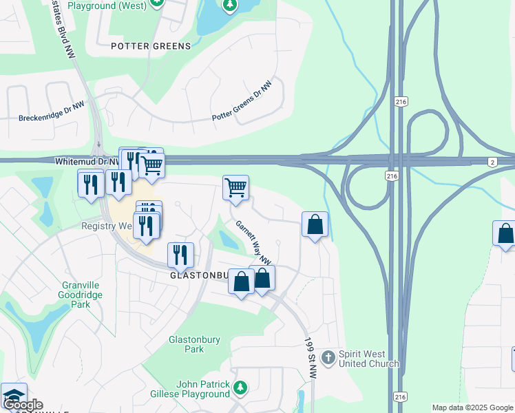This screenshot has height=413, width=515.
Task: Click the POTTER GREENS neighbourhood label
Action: point(150,46)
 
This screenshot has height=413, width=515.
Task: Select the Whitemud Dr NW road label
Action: point(81,160)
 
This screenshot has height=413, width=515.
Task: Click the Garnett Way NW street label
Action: point(253,242)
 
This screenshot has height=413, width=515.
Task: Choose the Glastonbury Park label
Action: point(187,344)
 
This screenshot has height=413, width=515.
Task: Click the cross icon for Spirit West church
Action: point(328,357)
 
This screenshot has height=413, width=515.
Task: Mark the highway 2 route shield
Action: point(492,162)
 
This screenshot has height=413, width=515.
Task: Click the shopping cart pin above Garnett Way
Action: point(236,187)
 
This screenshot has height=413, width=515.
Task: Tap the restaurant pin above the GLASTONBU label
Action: point(180,255)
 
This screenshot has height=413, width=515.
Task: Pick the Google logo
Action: point(22,405)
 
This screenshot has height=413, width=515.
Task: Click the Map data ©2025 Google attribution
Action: point(472,407)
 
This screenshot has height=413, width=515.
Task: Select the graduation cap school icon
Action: point(14,395)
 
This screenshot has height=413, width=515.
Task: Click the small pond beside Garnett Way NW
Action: point(228,240)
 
